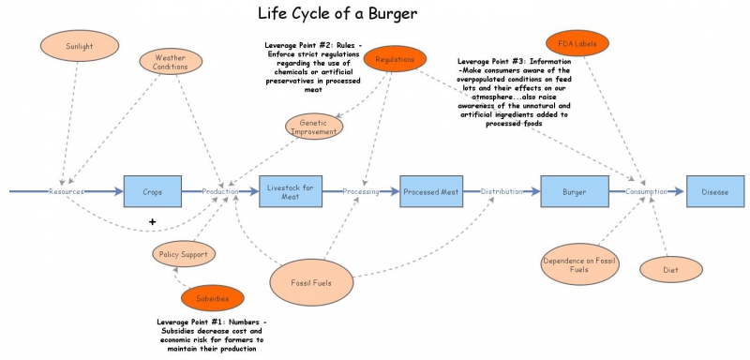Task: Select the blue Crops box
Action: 152,191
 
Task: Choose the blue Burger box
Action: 574,191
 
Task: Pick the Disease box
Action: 714,191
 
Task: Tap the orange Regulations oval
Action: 395,60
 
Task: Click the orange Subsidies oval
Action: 212,299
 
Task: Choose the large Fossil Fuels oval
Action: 312,279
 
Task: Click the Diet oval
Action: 671,269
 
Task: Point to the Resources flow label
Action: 67,191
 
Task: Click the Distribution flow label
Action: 502,191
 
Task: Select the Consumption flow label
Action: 645,191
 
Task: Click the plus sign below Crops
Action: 152,221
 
